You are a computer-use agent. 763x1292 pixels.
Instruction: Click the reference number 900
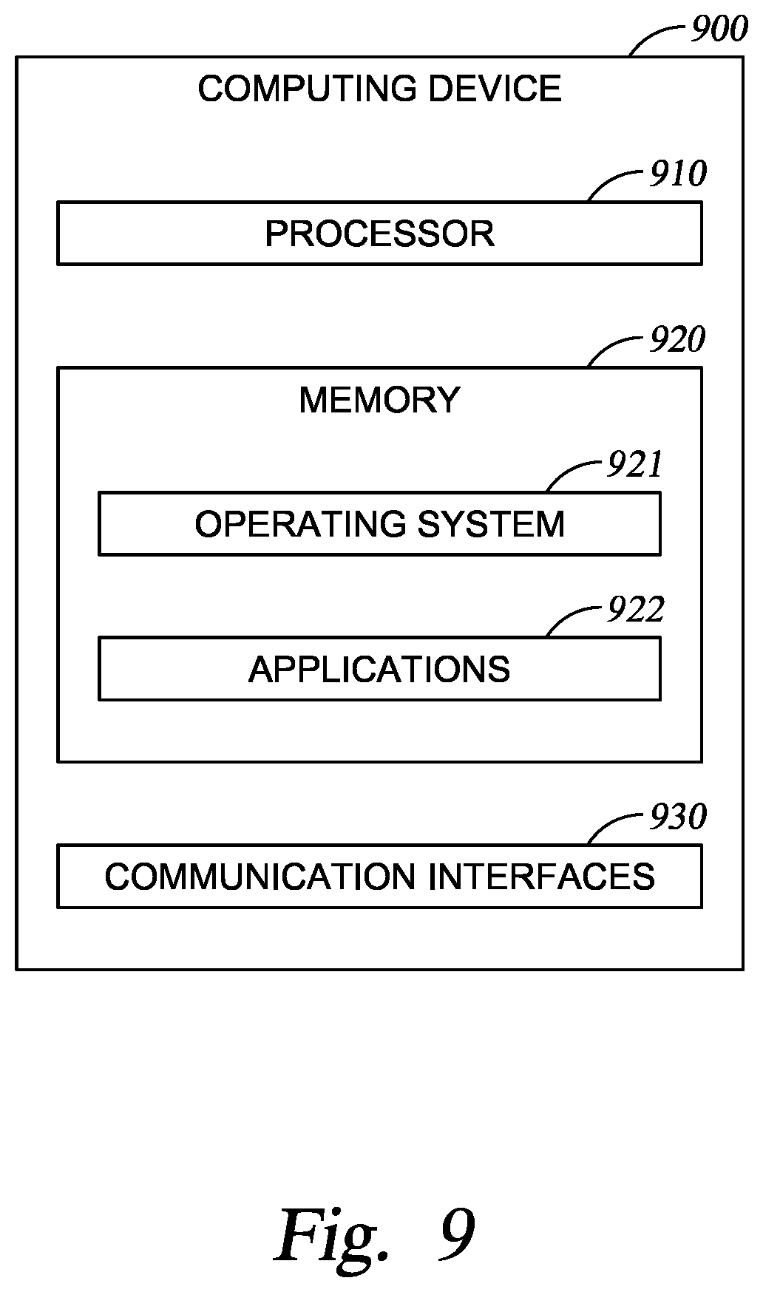(719, 30)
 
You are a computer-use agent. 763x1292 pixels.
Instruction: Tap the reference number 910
(678, 174)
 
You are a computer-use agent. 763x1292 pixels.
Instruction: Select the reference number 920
(678, 339)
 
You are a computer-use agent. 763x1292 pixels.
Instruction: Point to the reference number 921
(634, 464)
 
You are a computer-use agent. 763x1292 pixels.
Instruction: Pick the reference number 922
(636, 610)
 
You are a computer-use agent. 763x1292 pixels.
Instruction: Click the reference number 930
(678, 817)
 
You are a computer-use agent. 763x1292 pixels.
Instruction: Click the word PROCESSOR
(380, 234)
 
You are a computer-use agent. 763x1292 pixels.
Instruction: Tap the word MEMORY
(380, 400)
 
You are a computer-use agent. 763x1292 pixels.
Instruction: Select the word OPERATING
(301, 524)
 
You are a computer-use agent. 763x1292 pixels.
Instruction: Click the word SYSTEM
(491, 524)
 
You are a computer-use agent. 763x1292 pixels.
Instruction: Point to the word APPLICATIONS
(379, 670)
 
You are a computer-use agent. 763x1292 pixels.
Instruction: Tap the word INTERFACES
(542, 877)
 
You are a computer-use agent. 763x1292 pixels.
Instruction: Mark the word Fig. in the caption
(333, 1236)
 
